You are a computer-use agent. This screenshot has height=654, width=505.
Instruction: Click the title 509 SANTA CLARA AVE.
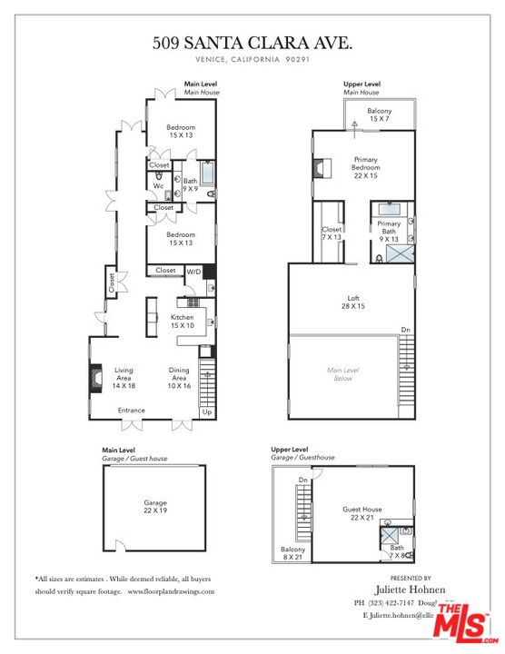[x=252, y=42]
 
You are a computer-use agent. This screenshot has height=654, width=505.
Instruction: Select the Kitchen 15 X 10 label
[x=182, y=321]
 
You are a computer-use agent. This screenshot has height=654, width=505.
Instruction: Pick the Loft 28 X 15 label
[x=353, y=302]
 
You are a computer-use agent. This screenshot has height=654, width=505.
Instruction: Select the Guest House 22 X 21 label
[x=361, y=513]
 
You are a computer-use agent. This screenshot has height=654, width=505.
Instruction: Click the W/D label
[x=193, y=271]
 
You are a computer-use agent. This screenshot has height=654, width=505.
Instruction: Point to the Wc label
[x=157, y=186]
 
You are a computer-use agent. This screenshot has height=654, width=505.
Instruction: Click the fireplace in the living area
[x=94, y=377]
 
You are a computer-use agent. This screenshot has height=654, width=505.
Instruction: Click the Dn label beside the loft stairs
[x=405, y=330]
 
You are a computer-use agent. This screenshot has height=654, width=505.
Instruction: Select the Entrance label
[x=133, y=411]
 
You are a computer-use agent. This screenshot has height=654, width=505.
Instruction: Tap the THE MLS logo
[x=463, y=623]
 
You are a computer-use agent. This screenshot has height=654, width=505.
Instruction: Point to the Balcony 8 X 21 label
[x=293, y=554]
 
